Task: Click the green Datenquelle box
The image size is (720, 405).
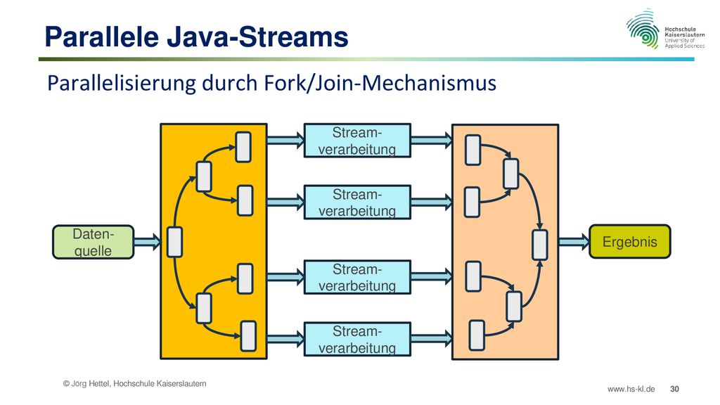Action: [x=94, y=242]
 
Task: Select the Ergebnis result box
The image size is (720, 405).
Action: [x=629, y=242]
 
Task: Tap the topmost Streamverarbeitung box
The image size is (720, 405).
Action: [x=357, y=141]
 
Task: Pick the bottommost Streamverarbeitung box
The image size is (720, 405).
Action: [x=357, y=340]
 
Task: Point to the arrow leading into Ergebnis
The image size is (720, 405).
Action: [x=574, y=242]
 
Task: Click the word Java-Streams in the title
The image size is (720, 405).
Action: [x=257, y=37]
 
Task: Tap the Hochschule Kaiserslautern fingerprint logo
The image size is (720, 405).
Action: [x=643, y=28]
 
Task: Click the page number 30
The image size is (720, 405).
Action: [x=674, y=389]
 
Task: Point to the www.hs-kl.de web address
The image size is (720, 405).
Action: [x=631, y=389]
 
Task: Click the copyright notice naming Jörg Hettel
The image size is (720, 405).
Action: [x=134, y=383]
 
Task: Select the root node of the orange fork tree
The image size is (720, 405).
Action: [x=174, y=242]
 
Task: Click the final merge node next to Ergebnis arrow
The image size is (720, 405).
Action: [x=539, y=245]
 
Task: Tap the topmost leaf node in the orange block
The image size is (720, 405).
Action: [x=243, y=147]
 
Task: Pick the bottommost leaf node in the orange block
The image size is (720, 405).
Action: [x=248, y=336]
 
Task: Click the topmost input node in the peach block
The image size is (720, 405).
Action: [x=473, y=150]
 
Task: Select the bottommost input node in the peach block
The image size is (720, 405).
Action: [x=477, y=335]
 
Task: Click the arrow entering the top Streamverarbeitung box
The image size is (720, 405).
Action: [x=285, y=140]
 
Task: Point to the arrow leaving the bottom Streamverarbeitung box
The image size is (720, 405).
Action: [x=432, y=339]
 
